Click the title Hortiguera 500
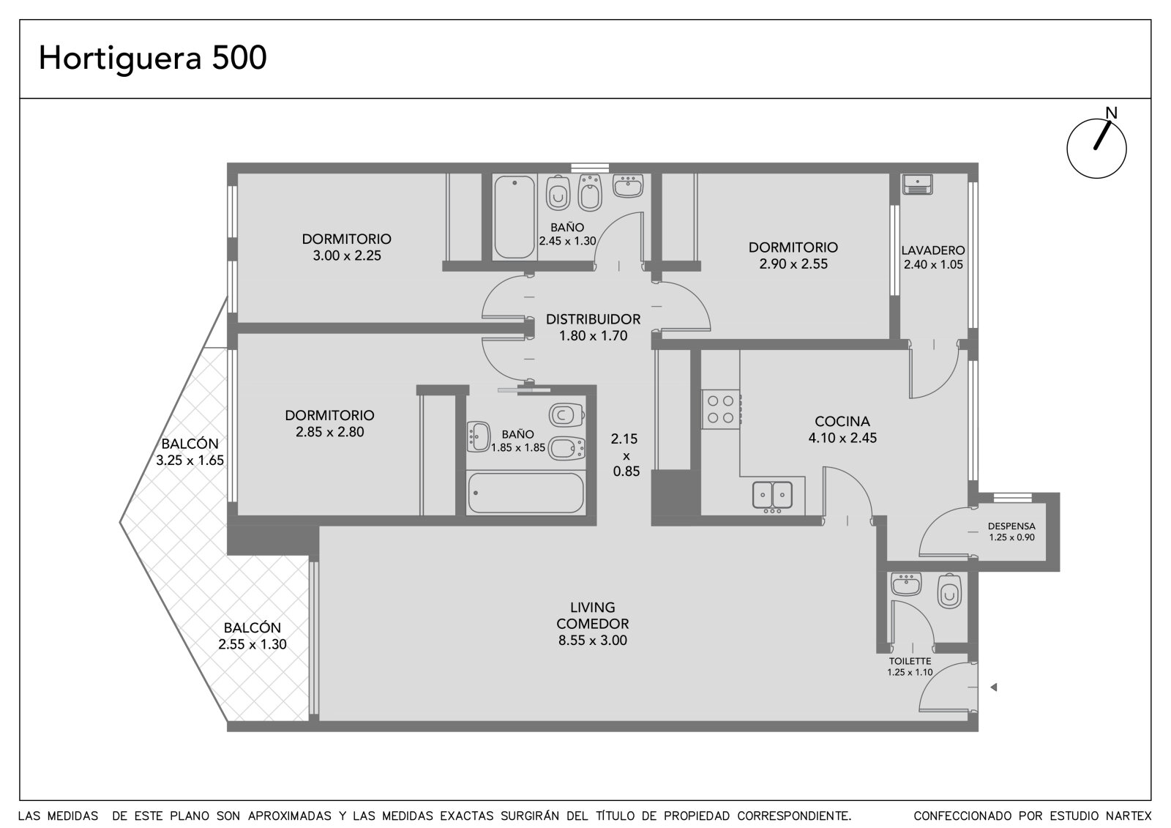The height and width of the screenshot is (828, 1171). pos(153,58)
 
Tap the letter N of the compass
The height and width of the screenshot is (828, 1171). pos(1111,113)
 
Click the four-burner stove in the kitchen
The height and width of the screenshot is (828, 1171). pos(720,409)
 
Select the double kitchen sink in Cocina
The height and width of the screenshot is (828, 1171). pos(772,495)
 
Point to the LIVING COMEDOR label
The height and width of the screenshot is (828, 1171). pos(592,615)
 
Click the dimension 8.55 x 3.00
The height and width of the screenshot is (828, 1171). pos(592,641)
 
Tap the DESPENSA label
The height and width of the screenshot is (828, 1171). pos(1011,526)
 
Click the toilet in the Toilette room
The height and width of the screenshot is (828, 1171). pos(949,591)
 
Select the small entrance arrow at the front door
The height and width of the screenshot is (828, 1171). pos(994,687)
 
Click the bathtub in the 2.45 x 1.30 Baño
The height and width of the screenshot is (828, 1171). pos(515,217)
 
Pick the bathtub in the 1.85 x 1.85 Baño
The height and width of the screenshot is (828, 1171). pos(525,493)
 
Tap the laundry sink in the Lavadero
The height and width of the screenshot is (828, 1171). pos(917,184)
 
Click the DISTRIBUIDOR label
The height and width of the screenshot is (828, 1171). pos(593,319)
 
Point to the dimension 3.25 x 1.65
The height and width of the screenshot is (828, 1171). pos(190,460)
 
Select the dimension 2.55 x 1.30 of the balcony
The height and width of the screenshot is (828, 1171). pos(252,644)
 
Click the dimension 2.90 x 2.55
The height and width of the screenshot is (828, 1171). pos(793,264)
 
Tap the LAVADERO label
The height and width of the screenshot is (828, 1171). pos(932,250)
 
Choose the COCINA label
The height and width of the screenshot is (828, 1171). pos(842,422)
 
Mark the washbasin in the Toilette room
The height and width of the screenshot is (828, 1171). pos(906,584)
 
